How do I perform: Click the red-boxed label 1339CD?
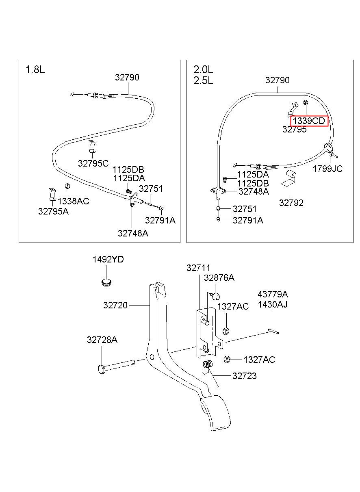(x=309, y=121)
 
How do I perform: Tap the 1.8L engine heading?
(x=35, y=70)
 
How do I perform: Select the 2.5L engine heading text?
(x=203, y=81)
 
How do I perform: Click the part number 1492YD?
(x=108, y=259)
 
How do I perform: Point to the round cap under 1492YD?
(x=106, y=282)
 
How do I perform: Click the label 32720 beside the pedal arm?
(x=115, y=305)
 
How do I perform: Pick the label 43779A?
(x=273, y=294)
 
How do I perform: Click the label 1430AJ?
(x=272, y=304)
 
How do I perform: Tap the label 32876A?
(x=219, y=278)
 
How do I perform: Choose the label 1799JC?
(x=327, y=169)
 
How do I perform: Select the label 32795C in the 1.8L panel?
(x=93, y=163)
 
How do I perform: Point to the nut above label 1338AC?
(x=67, y=186)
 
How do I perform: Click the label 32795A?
(x=53, y=211)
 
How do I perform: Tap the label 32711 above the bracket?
(x=198, y=268)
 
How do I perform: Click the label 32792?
(x=291, y=203)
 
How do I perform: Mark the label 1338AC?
(x=74, y=201)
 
